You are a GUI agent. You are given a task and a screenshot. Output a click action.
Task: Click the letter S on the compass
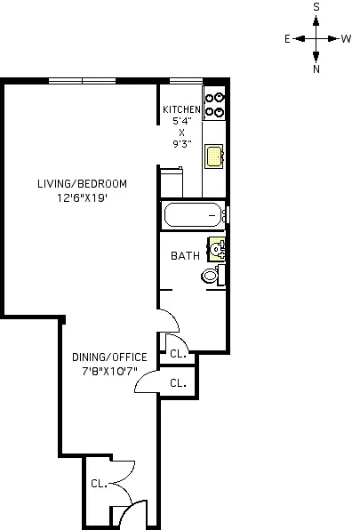[x=316, y=6]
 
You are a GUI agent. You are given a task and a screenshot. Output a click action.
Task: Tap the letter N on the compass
[x=316, y=68]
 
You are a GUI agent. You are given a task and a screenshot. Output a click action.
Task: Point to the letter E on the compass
[x=287, y=39]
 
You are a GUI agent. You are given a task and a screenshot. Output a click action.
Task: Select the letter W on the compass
[x=346, y=39]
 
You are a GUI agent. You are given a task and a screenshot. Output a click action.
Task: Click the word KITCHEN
[x=181, y=110]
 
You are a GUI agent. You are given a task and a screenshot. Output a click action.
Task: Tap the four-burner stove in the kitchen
[x=214, y=105]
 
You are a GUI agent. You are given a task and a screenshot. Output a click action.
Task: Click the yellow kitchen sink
[x=214, y=157]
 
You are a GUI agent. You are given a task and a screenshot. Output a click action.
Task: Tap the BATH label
[x=185, y=256]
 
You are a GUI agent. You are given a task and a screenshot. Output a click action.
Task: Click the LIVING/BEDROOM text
[x=82, y=184]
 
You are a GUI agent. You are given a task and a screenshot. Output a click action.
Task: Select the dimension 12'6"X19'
[x=82, y=198]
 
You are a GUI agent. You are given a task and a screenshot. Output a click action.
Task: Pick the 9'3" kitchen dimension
[x=181, y=143]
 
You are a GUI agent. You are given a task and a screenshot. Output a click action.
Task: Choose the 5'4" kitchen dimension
[x=181, y=121]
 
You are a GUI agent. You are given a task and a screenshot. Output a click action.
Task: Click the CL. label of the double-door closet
[x=98, y=485]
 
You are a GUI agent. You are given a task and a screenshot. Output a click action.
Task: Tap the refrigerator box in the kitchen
[x=171, y=182]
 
